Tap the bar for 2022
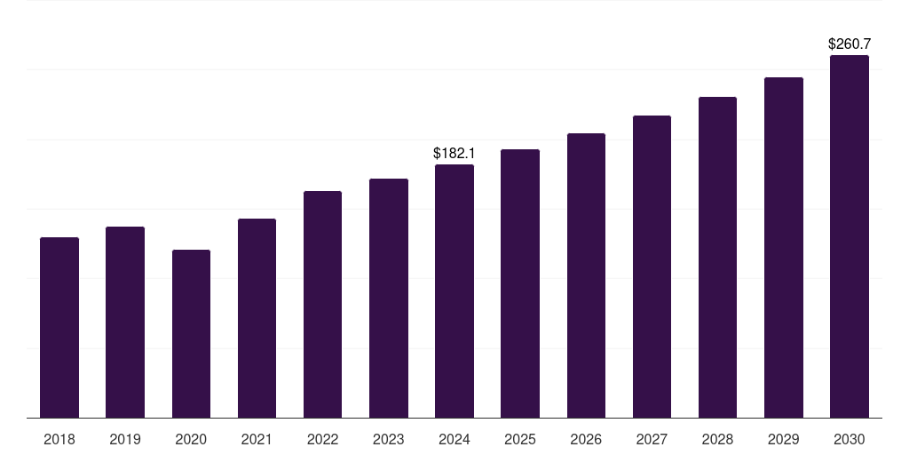(x=322, y=304)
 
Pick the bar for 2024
(x=454, y=291)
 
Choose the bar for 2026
(x=586, y=275)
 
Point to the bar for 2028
(x=717, y=257)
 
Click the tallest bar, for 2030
(x=850, y=236)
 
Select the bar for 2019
(x=125, y=322)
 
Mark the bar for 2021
(x=257, y=318)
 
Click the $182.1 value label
(x=454, y=154)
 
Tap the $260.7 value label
(x=850, y=44)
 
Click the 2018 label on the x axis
(x=59, y=439)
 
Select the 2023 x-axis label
(x=389, y=439)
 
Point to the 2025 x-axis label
(x=520, y=439)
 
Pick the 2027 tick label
(x=652, y=439)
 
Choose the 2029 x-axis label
(x=784, y=439)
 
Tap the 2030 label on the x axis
(x=850, y=439)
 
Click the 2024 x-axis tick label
(x=454, y=439)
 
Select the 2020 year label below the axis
(x=191, y=439)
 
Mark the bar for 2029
(x=784, y=247)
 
